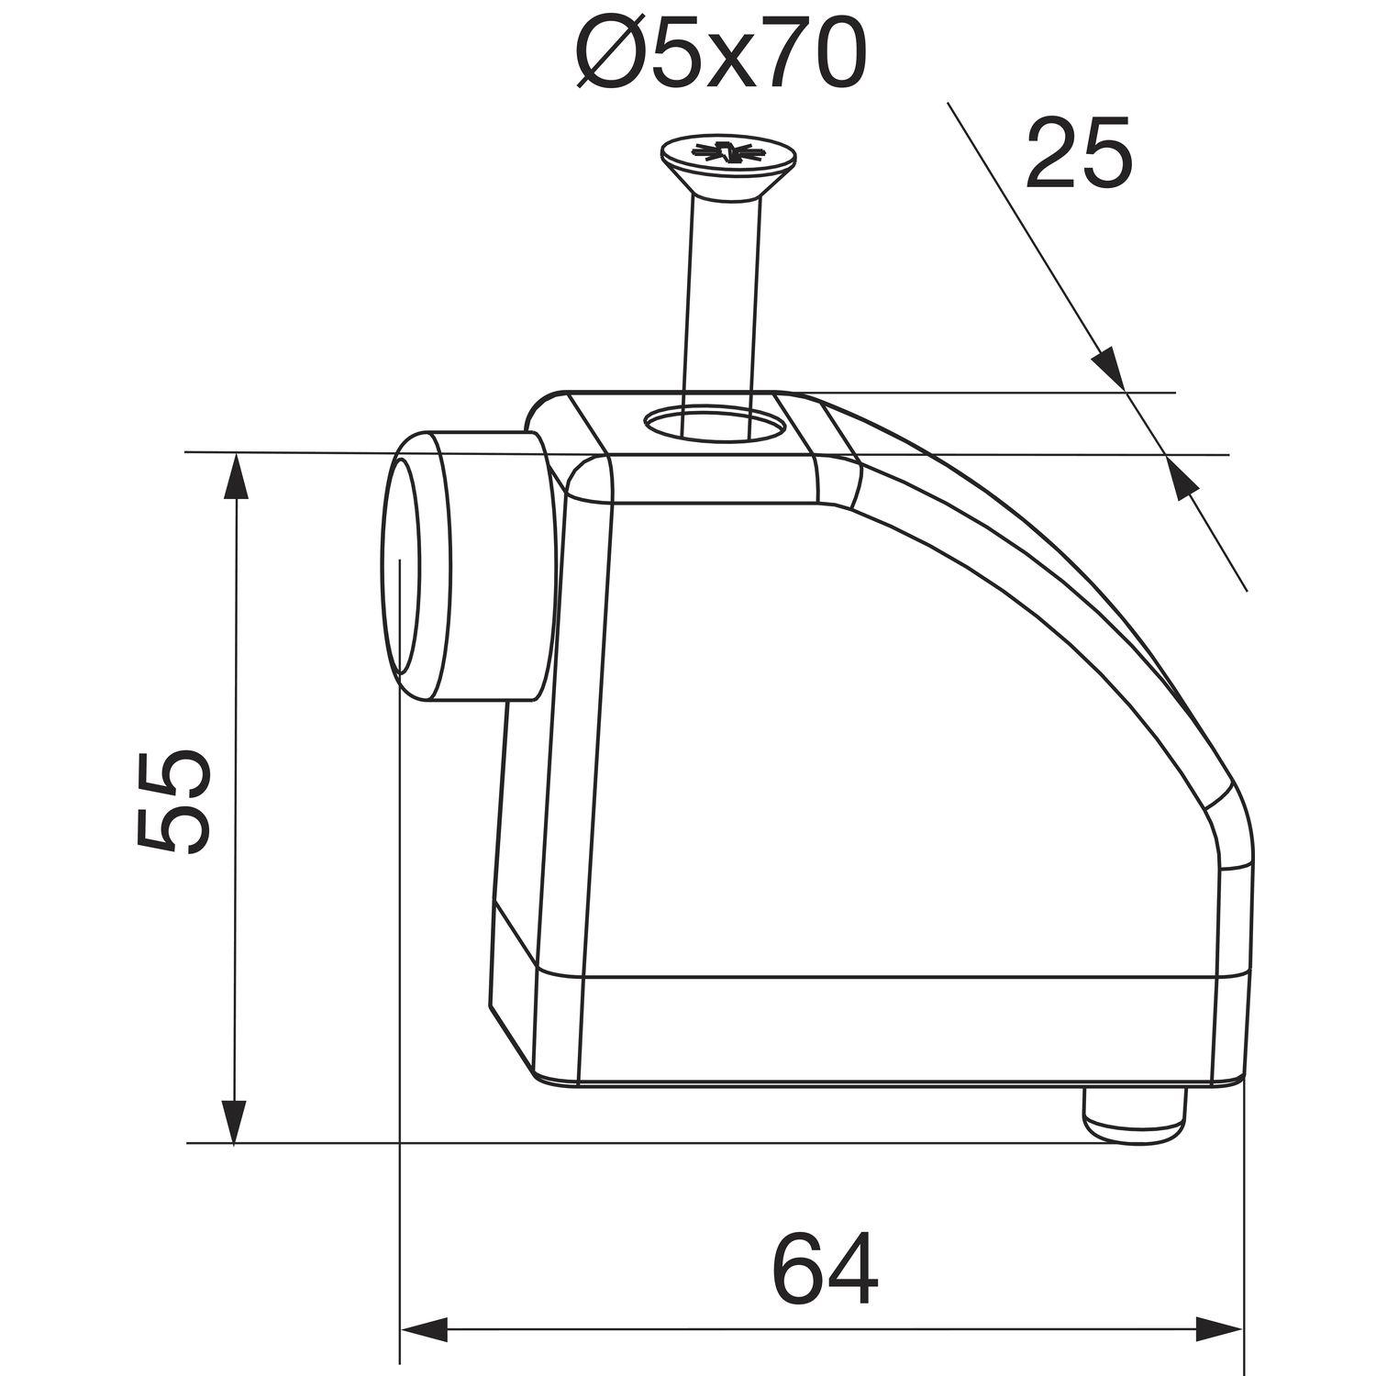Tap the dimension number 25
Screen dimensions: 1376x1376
[x=1079, y=154]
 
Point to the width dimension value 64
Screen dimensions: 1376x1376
[x=824, y=1270]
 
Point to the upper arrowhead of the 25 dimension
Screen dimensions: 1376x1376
[x=1107, y=368]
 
